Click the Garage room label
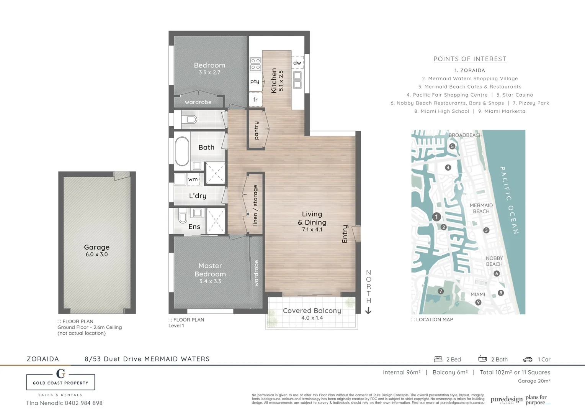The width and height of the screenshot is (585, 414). tap(96, 247)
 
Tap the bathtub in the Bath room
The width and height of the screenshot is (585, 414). tap(182, 151)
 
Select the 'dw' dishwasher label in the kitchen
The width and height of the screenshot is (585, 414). tap(297, 62)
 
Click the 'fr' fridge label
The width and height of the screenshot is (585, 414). tap(255, 100)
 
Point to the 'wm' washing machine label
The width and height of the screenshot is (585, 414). tap(193, 179)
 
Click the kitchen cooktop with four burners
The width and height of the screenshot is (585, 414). tap(255, 64)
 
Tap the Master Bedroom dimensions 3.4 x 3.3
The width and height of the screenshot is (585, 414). tap(210, 281)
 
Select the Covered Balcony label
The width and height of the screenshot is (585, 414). tap(312, 310)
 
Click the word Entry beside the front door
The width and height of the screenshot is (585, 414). tap(345, 234)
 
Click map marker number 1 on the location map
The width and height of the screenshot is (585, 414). tap(436, 217)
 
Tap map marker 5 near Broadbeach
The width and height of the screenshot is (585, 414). tap(452, 146)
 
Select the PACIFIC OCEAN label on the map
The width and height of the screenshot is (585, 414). tap(509, 200)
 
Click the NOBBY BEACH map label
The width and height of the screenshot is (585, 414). tap(494, 261)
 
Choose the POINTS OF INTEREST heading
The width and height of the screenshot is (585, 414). tap(470, 59)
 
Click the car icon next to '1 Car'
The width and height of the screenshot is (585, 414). tap(528, 360)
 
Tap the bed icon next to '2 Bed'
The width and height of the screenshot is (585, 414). tap(438, 359)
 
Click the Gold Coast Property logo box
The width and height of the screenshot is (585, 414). tap(60, 382)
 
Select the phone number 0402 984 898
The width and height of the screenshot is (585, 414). tap(83, 403)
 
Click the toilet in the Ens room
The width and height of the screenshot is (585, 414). tap(183, 217)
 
